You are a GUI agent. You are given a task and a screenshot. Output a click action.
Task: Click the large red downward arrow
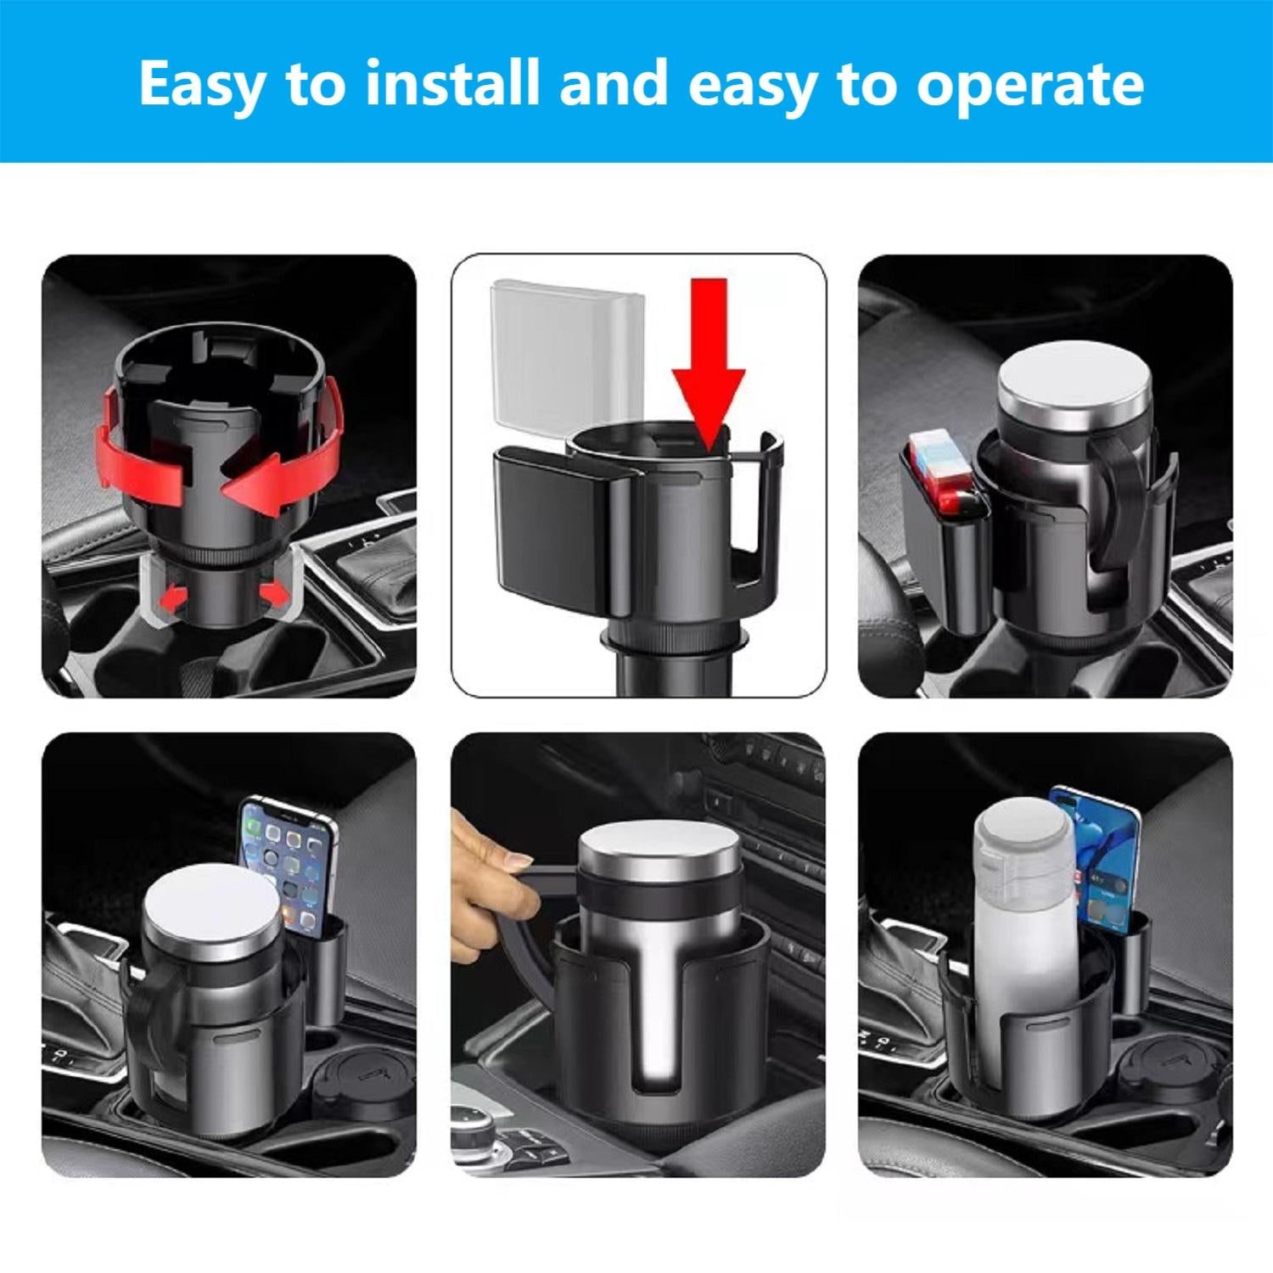(708, 356)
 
